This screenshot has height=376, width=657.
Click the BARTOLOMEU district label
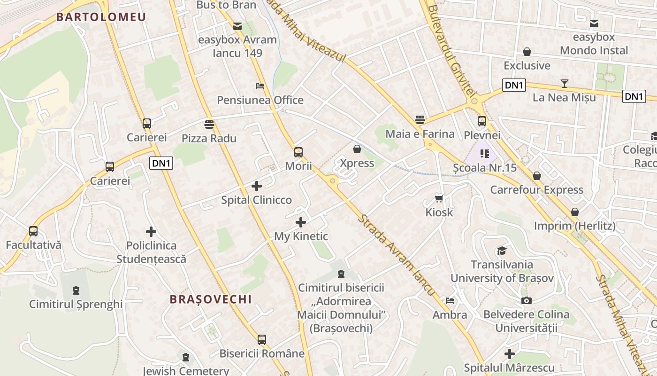pos(101,17)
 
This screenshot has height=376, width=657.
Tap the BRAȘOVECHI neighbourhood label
pos(211,299)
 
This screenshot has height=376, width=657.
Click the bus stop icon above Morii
pos(298,152)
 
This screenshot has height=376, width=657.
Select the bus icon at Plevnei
pos(482,121)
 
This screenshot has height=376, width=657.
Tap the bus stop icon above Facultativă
pos(33,231)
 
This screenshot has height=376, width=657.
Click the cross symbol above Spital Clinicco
pos(256,186)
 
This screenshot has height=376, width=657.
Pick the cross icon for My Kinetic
pos(301,222)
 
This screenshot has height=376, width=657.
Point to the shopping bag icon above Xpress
pos(357,149)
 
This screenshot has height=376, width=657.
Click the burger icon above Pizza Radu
pos(209,124)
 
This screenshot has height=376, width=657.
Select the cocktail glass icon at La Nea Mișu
pos(564,84)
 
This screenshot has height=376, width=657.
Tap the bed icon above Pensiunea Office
pos(260,86)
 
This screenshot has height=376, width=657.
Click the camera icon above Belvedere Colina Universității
pos(527,300)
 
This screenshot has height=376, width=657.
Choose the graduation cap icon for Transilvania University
pos(502,250)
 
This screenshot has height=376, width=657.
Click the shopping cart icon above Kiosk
pos(439,198)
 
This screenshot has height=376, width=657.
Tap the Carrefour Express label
pos(537,190)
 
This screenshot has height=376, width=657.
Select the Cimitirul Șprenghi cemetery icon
pos(76,290)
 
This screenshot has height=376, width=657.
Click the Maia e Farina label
pos(420,134)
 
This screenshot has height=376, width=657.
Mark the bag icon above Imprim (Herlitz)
pos(575,212)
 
